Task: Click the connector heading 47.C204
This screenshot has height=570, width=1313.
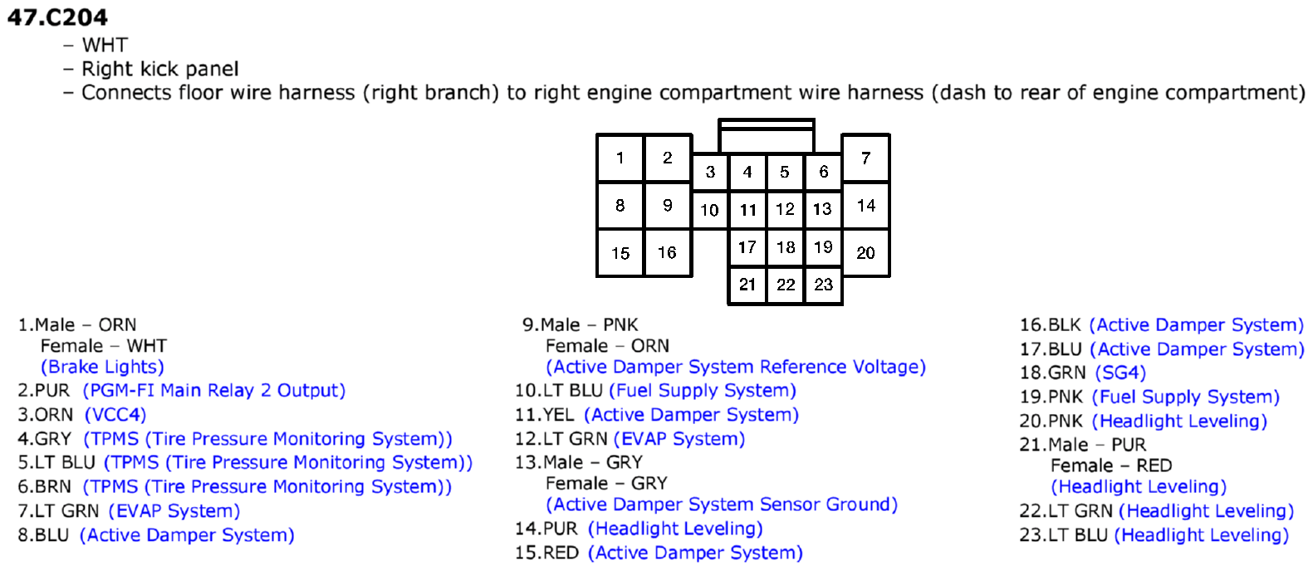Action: [57, 17]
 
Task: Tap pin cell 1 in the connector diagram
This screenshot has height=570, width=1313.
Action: [620, 158]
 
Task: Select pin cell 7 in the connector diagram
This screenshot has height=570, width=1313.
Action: [865, 158]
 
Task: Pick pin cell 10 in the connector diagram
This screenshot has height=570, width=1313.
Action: [710, 209]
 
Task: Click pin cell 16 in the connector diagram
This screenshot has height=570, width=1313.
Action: [668, 252]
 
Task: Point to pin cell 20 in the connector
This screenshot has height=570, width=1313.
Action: [865, 252]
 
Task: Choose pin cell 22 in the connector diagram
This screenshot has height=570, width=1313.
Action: [786, 285]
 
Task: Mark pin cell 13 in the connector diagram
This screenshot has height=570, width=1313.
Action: [823, 209]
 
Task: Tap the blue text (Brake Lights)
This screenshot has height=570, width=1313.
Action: [102, 368]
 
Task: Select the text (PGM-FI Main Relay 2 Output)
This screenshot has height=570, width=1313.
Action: [214, 391]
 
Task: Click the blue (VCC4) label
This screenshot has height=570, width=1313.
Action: [115, 415]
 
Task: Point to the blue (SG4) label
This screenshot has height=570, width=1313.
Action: [1120, 373]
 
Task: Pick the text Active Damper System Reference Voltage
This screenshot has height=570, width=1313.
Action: [736, 368]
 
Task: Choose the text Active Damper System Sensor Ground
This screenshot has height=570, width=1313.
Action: [722, 504]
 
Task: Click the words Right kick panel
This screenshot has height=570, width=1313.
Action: [160, 69]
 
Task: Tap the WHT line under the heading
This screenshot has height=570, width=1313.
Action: [105, 45]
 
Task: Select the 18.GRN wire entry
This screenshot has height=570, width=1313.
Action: [1053, 373]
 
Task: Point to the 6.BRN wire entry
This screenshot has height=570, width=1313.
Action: [45, 487]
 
